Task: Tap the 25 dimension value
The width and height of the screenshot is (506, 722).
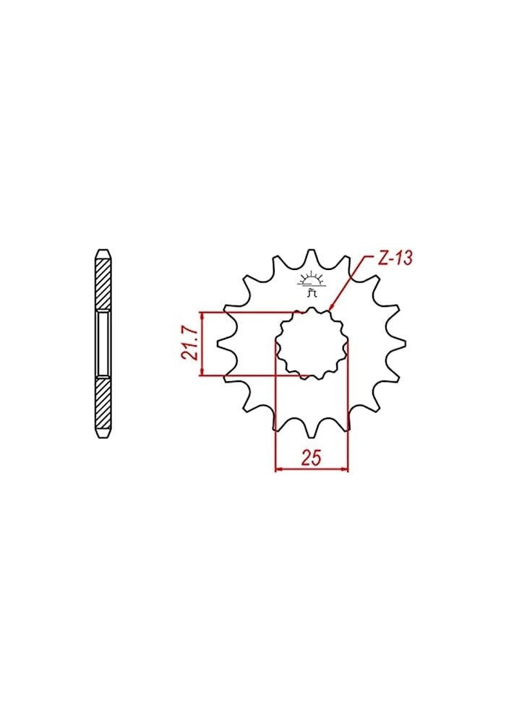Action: (x=312, y=458)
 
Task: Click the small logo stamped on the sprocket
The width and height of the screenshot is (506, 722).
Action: (x=312, y=284)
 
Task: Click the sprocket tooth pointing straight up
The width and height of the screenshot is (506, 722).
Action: (x=312, y=257)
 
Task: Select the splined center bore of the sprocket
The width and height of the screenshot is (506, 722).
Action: (x=312, y=344)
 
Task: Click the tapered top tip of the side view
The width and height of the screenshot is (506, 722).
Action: (x=104, y=253)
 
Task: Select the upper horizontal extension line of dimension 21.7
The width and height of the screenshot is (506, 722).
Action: (x=246, y=313)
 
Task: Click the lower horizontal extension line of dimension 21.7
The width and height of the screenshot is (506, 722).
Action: (x=253, y=375)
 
